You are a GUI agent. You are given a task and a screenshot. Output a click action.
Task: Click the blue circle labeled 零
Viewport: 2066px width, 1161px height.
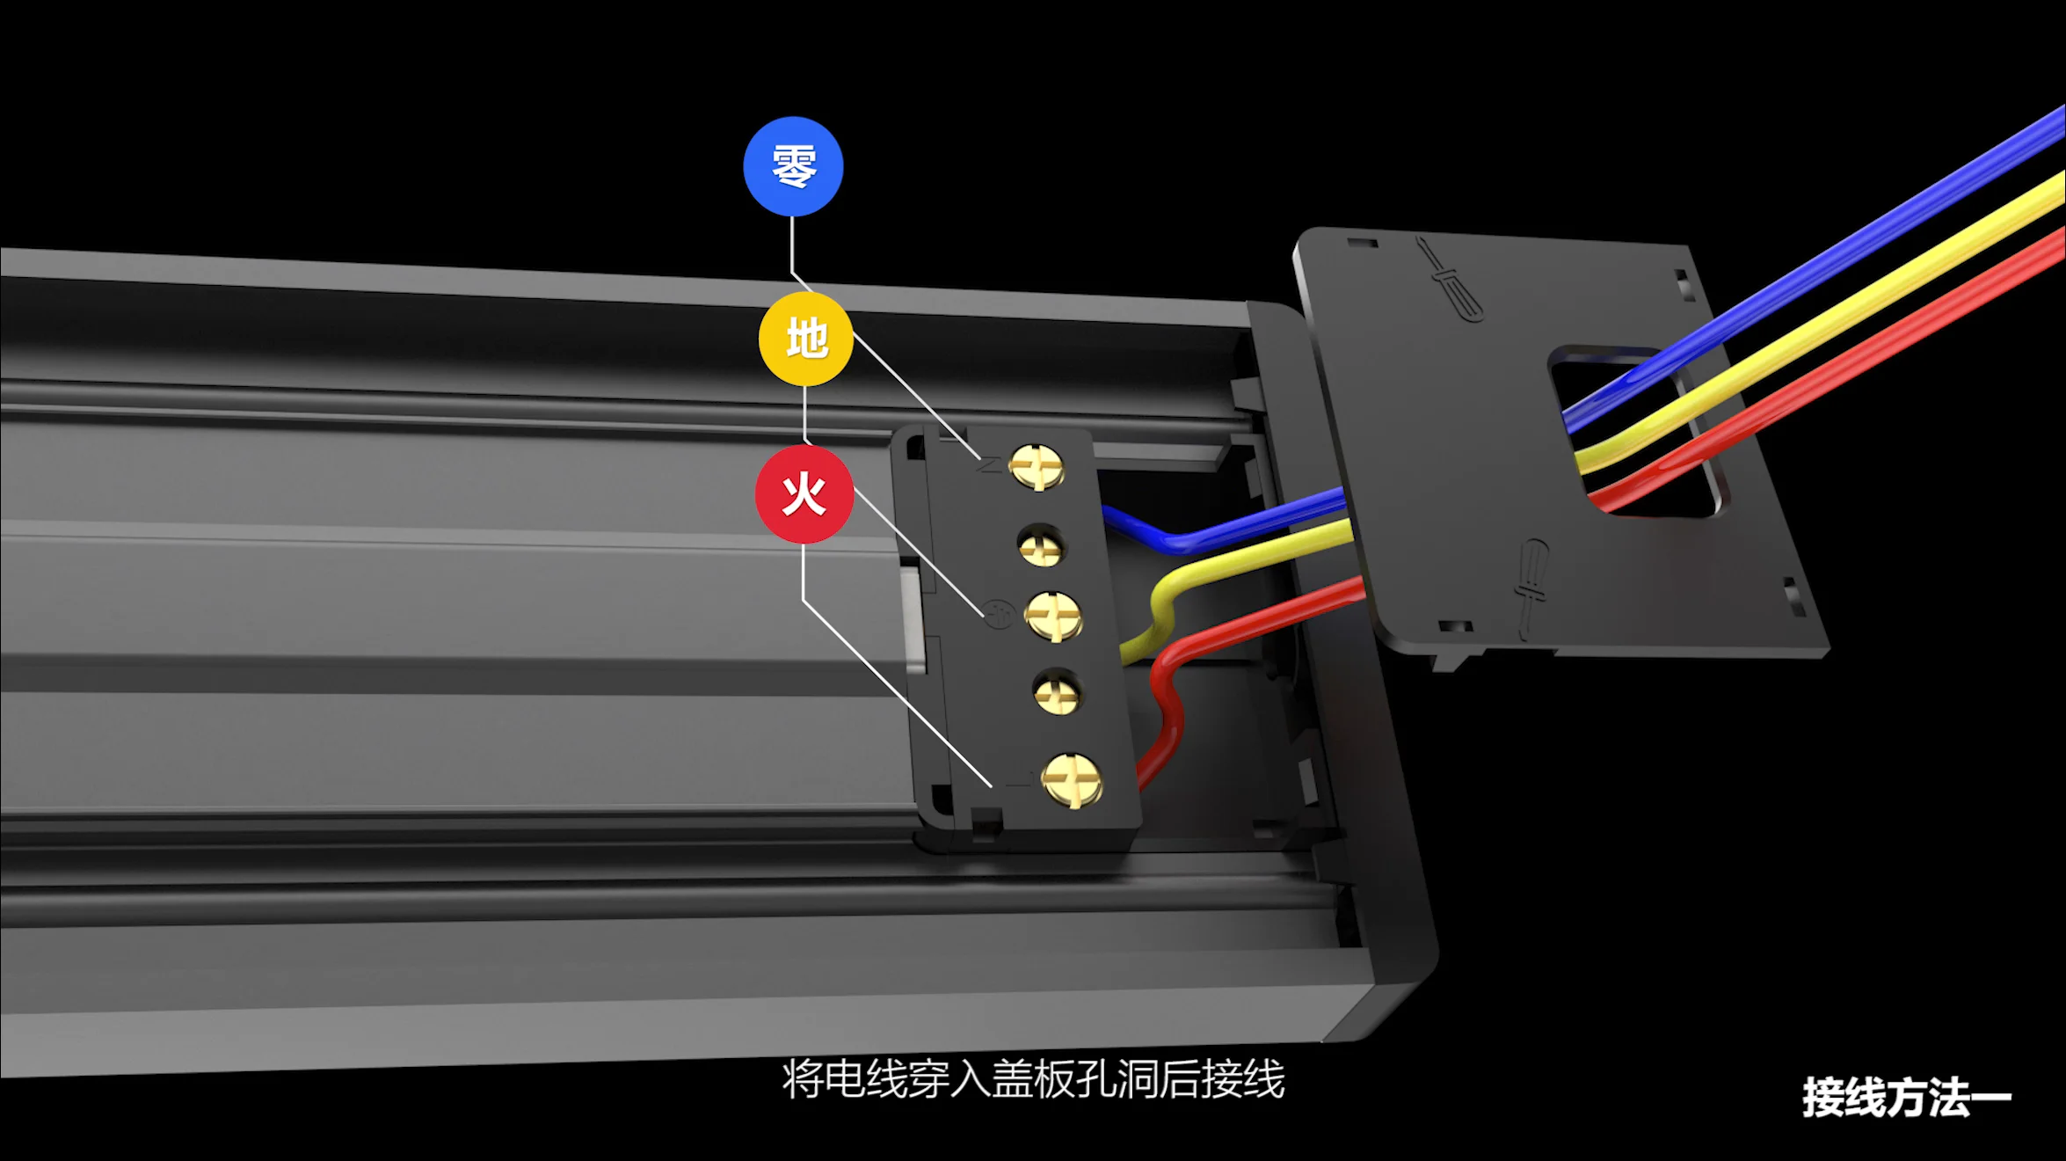793,166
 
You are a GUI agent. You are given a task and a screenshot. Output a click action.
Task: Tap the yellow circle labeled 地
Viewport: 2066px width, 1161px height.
806,340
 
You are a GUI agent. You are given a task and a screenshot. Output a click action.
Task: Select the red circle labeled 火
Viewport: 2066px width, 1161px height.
804,494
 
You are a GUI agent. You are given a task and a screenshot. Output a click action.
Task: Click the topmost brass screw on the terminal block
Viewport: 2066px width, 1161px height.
1037,466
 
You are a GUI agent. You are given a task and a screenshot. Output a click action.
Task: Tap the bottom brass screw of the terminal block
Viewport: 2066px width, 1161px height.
1071,779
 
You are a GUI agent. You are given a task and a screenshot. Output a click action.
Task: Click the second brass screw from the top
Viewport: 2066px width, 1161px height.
1042,545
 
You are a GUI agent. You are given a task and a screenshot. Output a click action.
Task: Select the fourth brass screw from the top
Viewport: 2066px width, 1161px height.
1057,692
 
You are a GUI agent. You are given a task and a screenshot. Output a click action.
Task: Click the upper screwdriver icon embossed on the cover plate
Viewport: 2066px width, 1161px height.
1448,278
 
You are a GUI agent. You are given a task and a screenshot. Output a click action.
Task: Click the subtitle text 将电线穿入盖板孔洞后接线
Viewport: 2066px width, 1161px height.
1033,1079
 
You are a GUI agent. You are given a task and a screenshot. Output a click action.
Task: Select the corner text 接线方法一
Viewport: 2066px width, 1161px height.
1906,1097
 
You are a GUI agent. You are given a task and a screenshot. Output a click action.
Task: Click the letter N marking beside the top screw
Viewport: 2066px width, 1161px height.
989,464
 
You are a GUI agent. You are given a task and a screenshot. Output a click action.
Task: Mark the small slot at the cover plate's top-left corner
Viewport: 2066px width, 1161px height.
1362,242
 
